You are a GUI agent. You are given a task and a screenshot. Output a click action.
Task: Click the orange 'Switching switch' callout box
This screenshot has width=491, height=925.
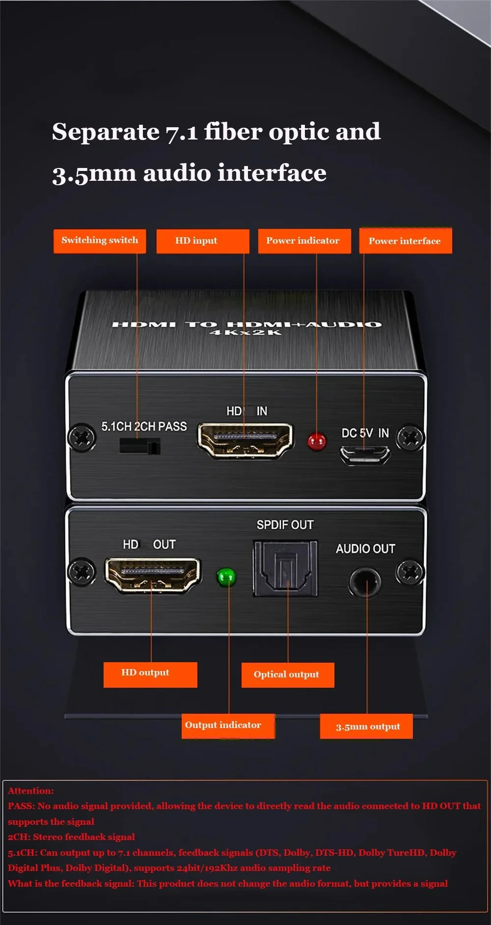(100, 241)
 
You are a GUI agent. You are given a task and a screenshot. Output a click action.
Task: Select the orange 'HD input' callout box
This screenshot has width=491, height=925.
(202, 241)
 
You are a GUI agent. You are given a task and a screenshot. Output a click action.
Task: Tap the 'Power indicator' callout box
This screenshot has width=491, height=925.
(304, 241)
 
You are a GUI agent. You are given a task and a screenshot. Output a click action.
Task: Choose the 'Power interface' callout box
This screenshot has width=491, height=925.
(405, 241)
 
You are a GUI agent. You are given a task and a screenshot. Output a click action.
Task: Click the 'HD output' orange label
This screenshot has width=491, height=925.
(150, 674)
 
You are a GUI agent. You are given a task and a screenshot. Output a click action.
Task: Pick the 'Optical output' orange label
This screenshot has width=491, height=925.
(287, 674)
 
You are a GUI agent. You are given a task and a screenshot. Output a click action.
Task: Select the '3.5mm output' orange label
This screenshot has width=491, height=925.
(366, 726)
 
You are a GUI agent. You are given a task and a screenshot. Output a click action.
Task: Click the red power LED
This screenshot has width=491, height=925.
(317, 441)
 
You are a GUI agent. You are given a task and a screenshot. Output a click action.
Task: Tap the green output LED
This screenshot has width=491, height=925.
(226, 577)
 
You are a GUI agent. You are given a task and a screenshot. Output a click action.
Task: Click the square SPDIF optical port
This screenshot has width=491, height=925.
(285, 568)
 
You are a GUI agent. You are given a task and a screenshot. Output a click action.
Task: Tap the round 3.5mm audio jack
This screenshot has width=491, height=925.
(365, 582)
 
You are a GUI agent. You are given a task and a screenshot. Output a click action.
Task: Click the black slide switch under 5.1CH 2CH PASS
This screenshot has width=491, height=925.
(139, 447)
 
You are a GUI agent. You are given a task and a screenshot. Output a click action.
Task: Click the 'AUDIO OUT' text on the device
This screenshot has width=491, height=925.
(365, 549)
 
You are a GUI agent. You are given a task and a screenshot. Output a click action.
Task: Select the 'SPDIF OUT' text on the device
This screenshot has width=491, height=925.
(285, 525)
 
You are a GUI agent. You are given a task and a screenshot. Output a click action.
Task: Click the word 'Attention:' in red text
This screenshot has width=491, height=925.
(31, 790)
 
